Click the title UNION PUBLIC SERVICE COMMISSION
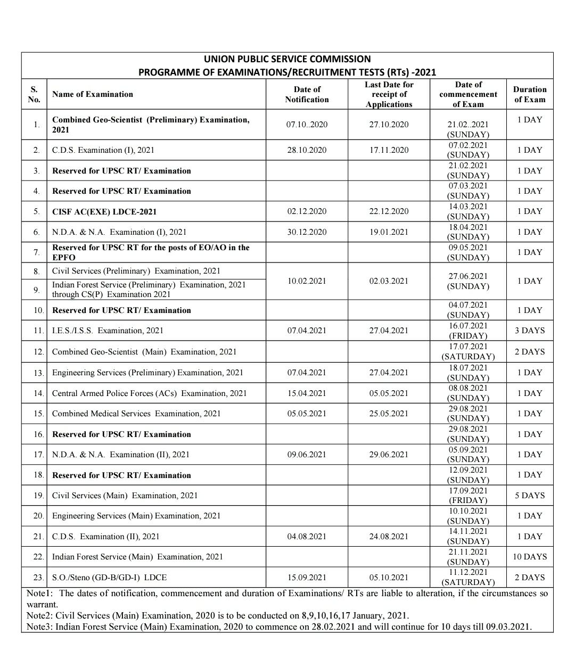pos(287,59)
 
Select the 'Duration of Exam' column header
pos(529,94)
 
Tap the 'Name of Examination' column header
pos(93,94)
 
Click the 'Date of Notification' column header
pos(307,94)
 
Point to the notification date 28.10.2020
pos(307,150)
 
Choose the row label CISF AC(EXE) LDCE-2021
pos(104,211)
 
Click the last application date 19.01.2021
pos(389,232)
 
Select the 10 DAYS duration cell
pos(529,557)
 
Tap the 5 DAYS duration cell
pos(529,496)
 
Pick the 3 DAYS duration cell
pos(529,331)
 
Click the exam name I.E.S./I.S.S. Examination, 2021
pos(108,331)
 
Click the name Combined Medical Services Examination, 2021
pos(136,414)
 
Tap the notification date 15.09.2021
pos(307,578)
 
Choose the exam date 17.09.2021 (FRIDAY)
pos(468,496)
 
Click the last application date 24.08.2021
pos(389,537)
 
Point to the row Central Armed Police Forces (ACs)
pos(149,393)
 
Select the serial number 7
pos(36,253)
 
